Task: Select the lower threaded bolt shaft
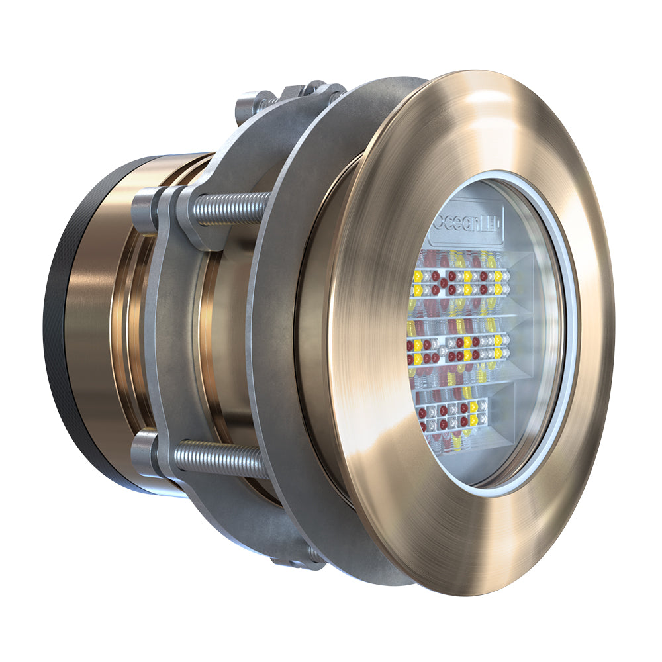[222, 457]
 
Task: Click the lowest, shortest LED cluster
[450, 414]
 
